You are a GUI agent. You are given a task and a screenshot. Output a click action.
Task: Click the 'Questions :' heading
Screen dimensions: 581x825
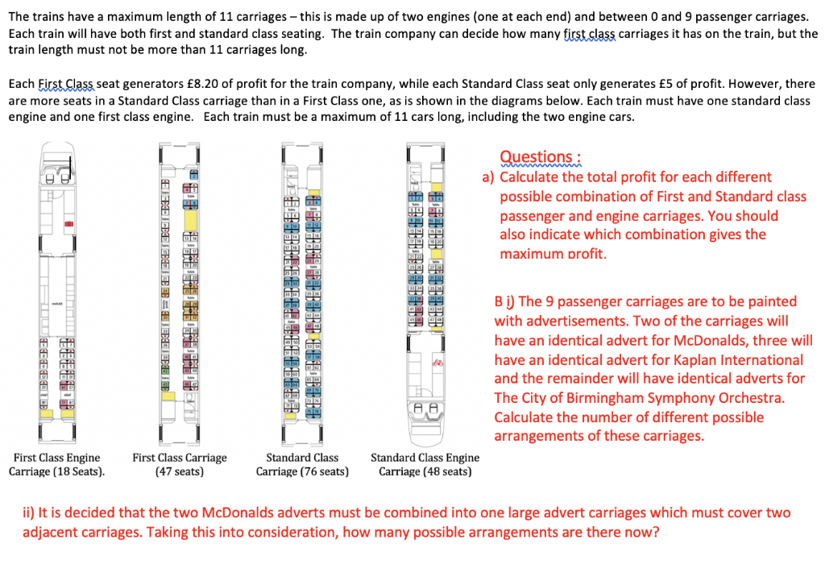point(540,157)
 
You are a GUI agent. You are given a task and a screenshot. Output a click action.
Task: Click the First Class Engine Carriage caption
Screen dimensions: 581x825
point(57,464)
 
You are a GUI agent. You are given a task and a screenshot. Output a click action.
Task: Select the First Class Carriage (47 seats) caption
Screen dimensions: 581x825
point(180,464)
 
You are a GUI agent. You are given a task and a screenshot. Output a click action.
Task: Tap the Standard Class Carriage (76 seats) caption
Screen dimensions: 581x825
point(302,464)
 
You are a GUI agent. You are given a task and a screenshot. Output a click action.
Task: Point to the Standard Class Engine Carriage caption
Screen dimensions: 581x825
point(425,464)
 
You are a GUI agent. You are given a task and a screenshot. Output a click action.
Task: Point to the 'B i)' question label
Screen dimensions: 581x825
point(505,301)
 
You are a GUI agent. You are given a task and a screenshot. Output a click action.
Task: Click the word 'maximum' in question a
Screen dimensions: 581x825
point(533,254)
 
